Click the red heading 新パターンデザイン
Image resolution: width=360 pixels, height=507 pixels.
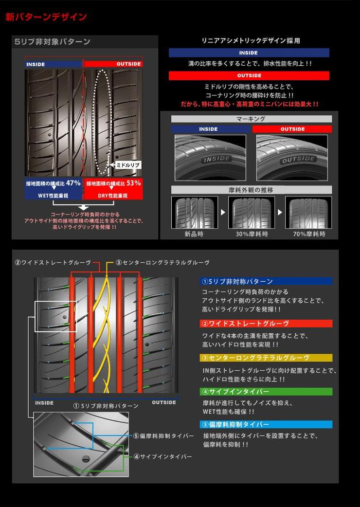[46, 17]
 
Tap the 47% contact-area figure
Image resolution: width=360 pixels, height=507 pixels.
[73, 183]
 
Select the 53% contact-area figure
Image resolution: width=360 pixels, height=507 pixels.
[133, 183]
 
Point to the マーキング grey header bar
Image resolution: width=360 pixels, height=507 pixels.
[252, 119]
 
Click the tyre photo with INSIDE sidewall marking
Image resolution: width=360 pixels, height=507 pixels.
[210, 158]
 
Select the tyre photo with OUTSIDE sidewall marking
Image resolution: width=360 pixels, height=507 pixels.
[292, 158]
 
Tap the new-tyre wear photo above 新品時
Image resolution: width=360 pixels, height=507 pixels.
[195, 213]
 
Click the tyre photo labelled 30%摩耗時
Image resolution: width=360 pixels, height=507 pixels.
[252, 213]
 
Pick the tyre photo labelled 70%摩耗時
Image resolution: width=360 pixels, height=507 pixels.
[308, 213]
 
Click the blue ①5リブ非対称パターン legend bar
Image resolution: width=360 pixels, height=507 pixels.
[266, 281]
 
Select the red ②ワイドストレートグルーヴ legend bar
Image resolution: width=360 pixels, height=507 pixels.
[266, 324]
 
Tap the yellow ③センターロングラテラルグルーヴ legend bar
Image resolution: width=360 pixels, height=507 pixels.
[266, 358]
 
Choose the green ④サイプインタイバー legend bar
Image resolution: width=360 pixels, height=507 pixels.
[266, 392]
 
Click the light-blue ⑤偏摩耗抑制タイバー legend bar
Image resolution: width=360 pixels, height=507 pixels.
[266, 424]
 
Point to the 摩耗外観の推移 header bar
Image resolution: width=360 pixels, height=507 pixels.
[252, 190]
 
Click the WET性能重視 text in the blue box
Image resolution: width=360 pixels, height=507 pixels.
[53, 196]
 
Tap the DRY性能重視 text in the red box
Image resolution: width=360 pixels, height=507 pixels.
[113, 196]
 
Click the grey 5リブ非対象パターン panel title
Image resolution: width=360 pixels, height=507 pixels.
[53, 42]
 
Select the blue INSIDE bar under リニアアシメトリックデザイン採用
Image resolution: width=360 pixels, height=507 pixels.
[249, 53]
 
